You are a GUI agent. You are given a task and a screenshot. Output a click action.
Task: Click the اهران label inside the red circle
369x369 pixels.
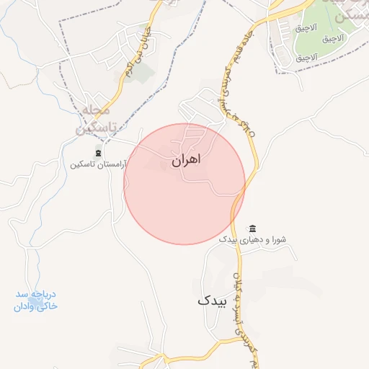(186, 160)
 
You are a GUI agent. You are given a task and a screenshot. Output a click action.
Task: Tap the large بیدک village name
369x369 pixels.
(211, 301)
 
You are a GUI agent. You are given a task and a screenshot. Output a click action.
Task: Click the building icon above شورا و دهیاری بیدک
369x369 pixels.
(252, 228)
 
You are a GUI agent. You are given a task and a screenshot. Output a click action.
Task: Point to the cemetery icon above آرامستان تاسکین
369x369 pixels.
(98, 153)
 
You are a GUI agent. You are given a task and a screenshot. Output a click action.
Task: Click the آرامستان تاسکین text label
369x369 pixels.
(97, 164)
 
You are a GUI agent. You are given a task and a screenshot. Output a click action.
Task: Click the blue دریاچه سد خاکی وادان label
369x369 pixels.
(37, 301)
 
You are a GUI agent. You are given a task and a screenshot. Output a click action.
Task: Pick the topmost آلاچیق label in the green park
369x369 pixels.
(302, 28)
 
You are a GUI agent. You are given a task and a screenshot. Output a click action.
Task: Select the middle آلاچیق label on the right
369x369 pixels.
(306, 42)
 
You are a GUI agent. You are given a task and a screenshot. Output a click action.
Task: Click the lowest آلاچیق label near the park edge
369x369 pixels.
(306, 56)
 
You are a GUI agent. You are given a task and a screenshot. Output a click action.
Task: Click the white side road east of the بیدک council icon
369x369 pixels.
(288, 216)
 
